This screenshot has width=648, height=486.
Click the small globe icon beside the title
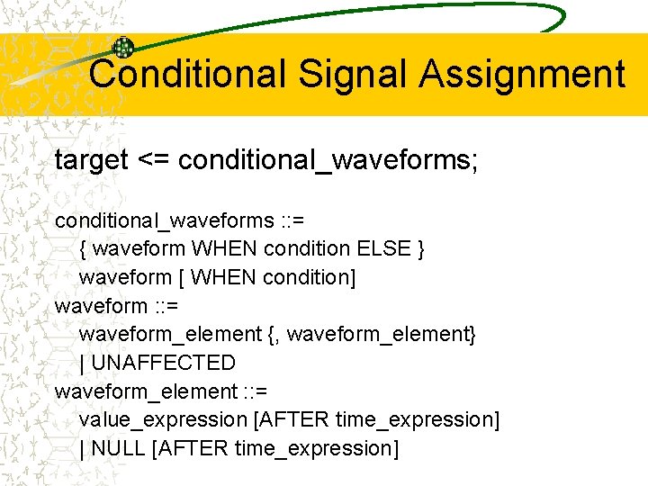coord(122,49)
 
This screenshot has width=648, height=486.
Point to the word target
coord(92,161)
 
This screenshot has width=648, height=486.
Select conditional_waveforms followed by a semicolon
coord(328,161)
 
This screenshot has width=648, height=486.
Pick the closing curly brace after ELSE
coord(422,248)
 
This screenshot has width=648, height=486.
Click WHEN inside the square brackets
coord(223,277)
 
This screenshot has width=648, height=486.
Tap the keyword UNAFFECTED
coord(163,363)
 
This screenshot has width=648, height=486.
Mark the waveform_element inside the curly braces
coord(381,334)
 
